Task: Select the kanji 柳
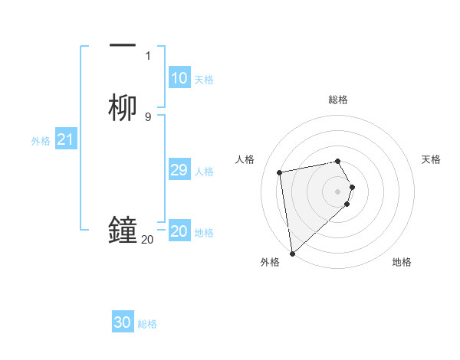tap(123, 107)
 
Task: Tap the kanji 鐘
tap(123, 230)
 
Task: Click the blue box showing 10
tap(179, 78)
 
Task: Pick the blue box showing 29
tap(179, 170)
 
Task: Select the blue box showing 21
tap(65, 140)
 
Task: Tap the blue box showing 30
tap(123, 322)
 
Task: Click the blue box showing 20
tap(179, 231)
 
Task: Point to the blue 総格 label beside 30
tap(147, 324)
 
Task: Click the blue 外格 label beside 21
tap(41, 141)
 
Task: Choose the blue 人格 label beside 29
tap(205, 172)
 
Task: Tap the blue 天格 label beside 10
tap(204, 80)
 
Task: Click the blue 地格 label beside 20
tap(204, 233)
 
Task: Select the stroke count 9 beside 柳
tap(148, 116)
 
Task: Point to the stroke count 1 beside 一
tap(148, 55)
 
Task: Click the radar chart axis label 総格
tap(338, 100)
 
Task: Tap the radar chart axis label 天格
tap(431, 159)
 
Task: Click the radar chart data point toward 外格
tap(291, 253)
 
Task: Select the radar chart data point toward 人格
tap(280, 172)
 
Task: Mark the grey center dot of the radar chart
tap(338, 190)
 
